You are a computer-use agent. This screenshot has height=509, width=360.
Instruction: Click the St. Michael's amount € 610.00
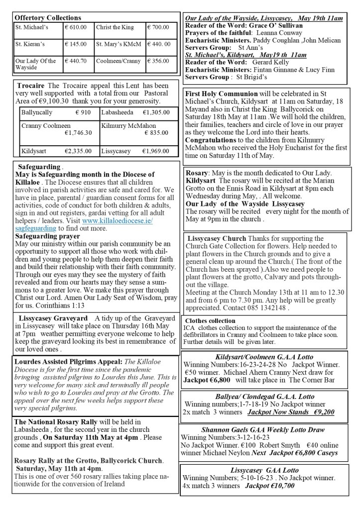tap(76, 27)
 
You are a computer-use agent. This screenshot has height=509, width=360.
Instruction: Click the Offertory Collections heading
tap(48, 17)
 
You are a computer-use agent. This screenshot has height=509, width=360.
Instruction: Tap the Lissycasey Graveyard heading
tap(53, 318)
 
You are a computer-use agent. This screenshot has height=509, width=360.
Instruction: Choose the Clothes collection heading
tap(210, 321)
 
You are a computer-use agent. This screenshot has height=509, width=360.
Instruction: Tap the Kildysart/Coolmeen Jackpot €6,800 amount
tap(209, 380)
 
